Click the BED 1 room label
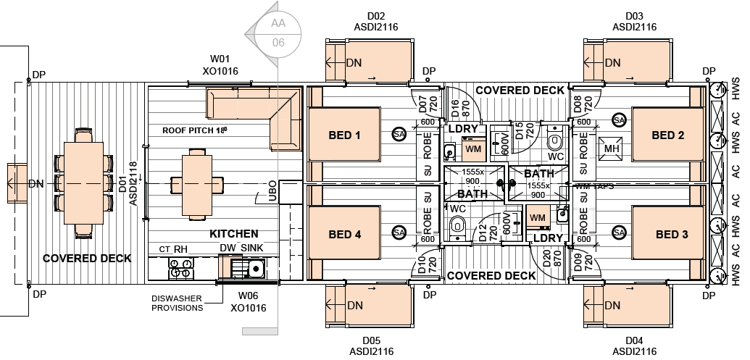click(x=344, y=135)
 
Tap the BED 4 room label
click(x=344, y=235)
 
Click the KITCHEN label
click(x=234, y=234)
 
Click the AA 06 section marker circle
click(x=278, y=33)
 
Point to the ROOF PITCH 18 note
click(x=194, y=131)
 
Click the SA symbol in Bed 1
click(x=399, y=134)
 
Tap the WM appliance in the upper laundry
click(x=473, y=148)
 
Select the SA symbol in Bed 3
click(x=619, y=233)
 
